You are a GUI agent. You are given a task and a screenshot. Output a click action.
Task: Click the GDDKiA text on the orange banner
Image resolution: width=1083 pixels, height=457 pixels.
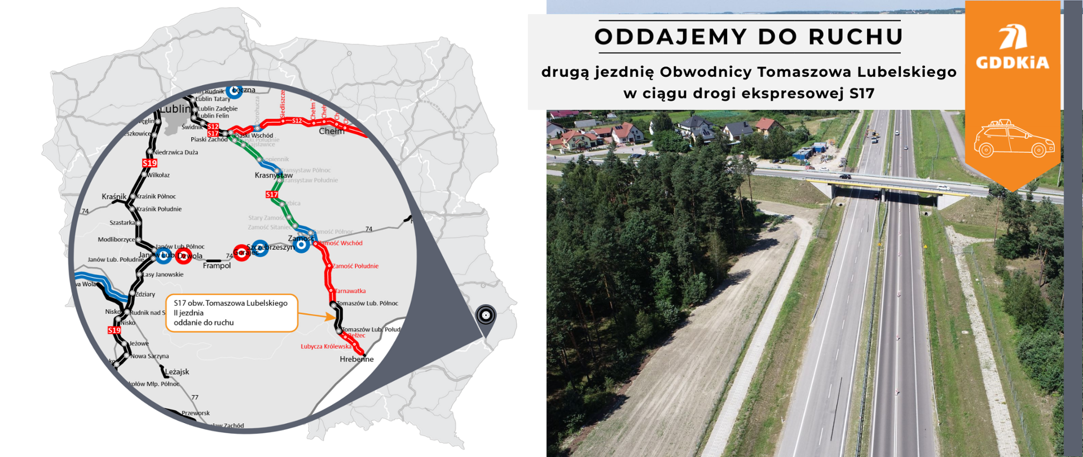(x=1012, y=63)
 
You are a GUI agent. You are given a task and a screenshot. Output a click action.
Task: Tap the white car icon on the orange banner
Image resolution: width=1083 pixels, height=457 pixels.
(x=1014, y=139)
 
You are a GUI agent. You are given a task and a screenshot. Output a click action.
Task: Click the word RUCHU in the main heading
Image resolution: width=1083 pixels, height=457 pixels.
(x=856, y=37)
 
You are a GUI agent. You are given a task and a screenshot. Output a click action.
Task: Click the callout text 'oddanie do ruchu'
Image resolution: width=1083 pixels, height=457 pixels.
(x=204, y=323)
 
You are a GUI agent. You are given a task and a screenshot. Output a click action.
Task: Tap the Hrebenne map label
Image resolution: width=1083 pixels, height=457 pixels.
(x=356, y=359)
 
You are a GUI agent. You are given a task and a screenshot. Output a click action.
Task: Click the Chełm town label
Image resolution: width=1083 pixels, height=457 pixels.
(x=331, y=131)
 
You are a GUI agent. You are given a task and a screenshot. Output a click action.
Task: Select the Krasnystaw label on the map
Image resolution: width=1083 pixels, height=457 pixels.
(x=274, y=175)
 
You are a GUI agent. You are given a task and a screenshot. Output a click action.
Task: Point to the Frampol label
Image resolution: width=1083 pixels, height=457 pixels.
(x=217, y=266)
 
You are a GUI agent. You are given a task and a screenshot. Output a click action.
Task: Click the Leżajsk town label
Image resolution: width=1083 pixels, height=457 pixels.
(x=177, y=372)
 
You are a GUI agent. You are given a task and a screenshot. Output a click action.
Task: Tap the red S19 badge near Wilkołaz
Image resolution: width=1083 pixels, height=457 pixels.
(x=149, y=163)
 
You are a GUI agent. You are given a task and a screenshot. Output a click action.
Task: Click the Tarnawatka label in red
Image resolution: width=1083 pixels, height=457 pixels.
(x=350, y=291)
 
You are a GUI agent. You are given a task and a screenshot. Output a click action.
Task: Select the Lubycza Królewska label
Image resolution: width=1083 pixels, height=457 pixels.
(x=325, y=346)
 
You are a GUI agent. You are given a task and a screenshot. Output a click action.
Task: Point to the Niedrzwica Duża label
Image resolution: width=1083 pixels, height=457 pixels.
(x=175, y=152)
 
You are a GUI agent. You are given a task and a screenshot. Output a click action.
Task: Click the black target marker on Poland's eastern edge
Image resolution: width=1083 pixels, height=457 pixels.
(x=485, y=314)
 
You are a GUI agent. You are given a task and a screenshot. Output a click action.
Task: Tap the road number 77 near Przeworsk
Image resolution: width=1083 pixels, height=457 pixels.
(x=195, y=398)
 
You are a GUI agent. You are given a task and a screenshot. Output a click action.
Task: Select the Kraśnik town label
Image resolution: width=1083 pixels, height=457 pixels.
(x=114, y=196)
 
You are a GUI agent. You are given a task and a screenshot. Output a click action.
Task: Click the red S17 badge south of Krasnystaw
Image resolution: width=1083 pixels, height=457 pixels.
(x=272, y=195)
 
